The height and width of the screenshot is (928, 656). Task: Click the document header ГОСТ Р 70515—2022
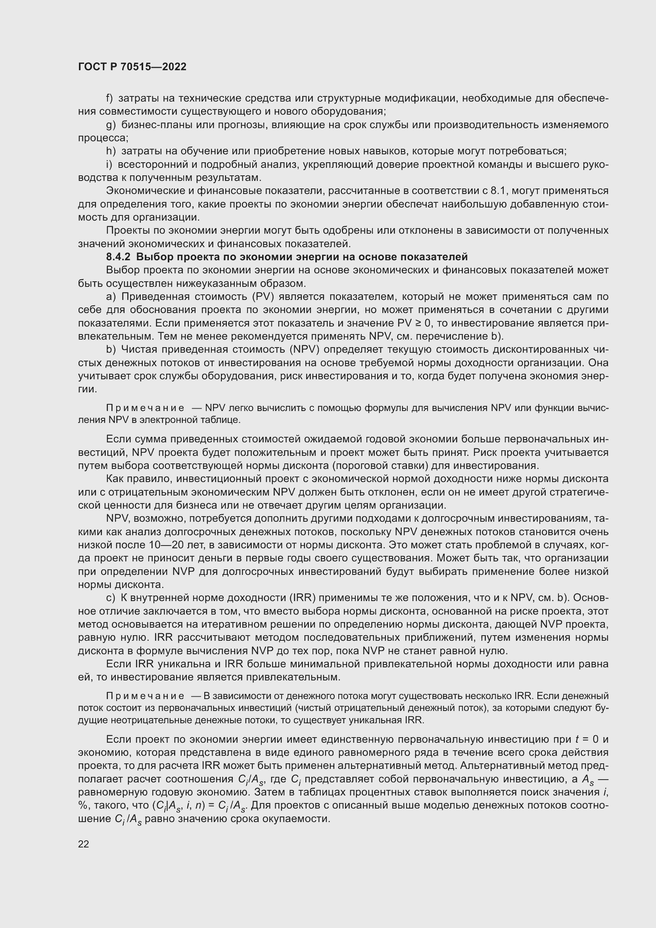pos(132,67)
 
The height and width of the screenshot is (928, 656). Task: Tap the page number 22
pos(84,844)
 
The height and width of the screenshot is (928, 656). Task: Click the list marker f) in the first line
pos(109,98)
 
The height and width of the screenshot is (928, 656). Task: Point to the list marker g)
pos(111,125)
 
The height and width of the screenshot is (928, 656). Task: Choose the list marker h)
pos(111,151)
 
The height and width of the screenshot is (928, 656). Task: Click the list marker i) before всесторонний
pos(109,165)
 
